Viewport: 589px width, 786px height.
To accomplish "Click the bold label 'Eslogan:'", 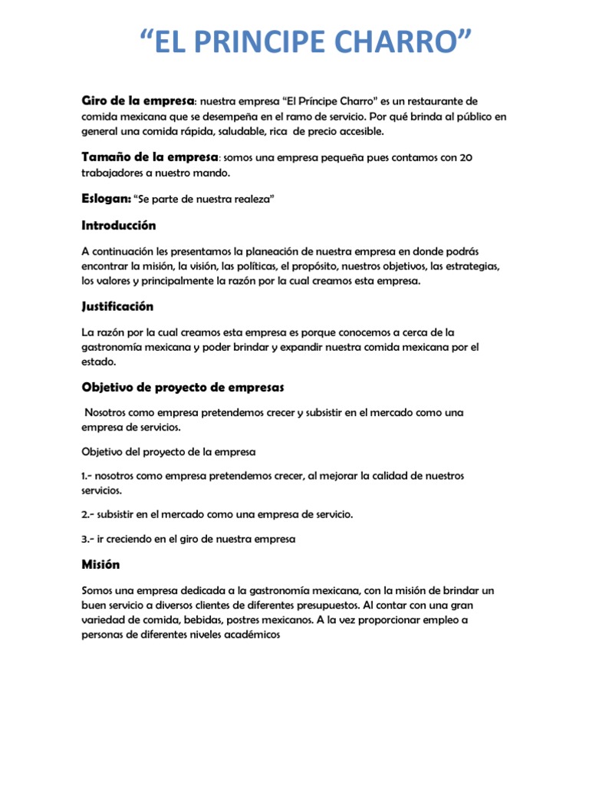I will [x=106, y=198].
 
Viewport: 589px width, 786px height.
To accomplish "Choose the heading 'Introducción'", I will [x=119, y=226].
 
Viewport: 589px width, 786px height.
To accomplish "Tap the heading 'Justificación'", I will [x=117, y=306].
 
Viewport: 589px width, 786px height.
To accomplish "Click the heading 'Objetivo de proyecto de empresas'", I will [x=183, y=386].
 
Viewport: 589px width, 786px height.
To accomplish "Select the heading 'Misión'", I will [x=100, y=564].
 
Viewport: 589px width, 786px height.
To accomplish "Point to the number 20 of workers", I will [x=465, y=157].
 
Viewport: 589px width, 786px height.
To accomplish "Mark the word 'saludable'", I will [x=230, y=131].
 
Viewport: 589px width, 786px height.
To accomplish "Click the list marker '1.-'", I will [x=87, y=476].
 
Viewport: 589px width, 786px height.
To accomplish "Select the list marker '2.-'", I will [x=88, y=514].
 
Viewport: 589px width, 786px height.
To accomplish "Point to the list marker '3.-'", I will [x=88, y=539].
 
